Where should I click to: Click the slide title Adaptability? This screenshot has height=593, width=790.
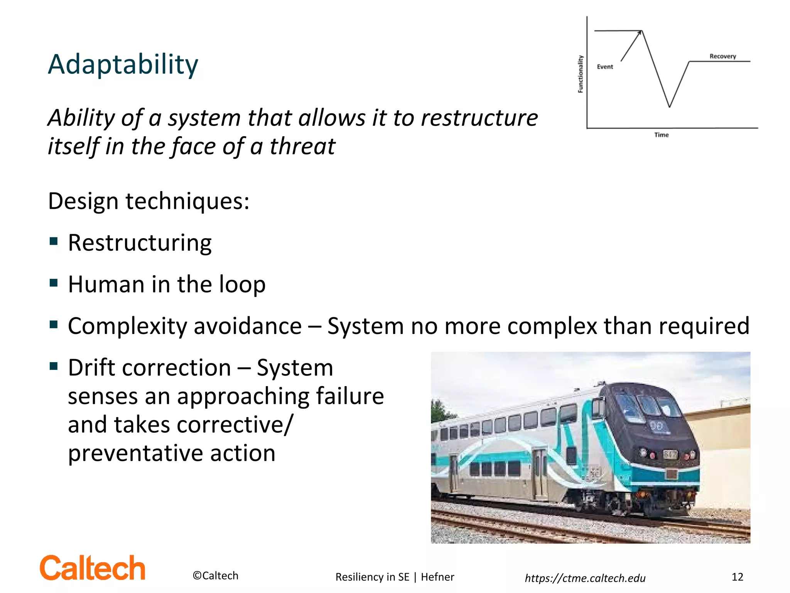click(x=123, y=64)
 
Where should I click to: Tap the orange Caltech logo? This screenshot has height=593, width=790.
click(x=93, y=568)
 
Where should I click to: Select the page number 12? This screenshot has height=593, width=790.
click(x=737, y=577)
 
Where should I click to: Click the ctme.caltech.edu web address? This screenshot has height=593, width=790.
click(x=585, y=578)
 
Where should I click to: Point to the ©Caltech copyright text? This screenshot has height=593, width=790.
click(x=215, y=576)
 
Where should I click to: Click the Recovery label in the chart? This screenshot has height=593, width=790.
click(x=722, y=56)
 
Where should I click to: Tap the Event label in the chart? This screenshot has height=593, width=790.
click(x=604, y=67)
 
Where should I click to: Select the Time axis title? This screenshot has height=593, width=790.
click(x=661, y=135)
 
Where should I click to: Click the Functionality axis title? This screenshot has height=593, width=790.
click(x=580, y=74)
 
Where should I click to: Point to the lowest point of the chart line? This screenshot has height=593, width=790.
click(x=669, y=107)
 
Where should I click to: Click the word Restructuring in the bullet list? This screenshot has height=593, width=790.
click(x=140, y=243)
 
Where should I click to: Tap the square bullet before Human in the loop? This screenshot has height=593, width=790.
click(x=54, y=283)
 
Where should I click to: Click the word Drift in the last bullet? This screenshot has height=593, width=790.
click(x=91, y=368)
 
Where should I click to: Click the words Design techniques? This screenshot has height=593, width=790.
click(x=149, y=201)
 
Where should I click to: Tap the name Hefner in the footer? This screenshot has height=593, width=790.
click(x=437, y=577)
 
